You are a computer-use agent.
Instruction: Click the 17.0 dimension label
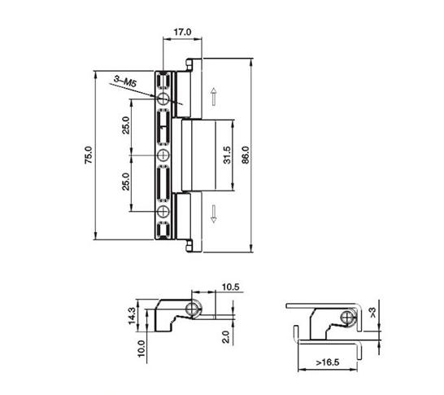[182, 33]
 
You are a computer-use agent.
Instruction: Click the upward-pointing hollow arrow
[213, 98]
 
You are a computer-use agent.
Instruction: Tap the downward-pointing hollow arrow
[213, 214]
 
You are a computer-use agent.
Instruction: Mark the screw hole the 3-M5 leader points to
[164, 99]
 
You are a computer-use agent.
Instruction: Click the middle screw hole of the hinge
[164, 155]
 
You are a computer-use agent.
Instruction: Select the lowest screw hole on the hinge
[164, 212]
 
